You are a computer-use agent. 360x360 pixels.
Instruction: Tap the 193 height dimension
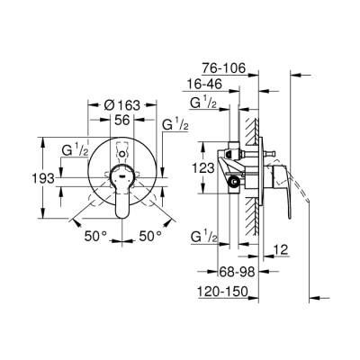[x=30, y=179]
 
